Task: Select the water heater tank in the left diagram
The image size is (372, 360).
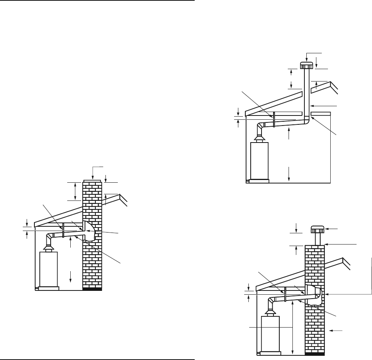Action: pos(49,268)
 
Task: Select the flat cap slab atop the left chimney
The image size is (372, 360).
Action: pos(93,180)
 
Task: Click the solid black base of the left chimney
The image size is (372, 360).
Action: pos(92,289)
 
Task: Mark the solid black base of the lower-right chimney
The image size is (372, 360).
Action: pos(314,353)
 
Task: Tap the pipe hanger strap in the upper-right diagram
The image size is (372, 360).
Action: pos(273,119)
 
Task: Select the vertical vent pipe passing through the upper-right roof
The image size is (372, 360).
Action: pos(307,93)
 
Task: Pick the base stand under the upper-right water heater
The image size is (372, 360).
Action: pos(259,180)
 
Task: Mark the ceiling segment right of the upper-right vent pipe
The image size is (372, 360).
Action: pos(321,113)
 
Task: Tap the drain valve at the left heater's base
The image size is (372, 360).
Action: pos(37,288)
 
